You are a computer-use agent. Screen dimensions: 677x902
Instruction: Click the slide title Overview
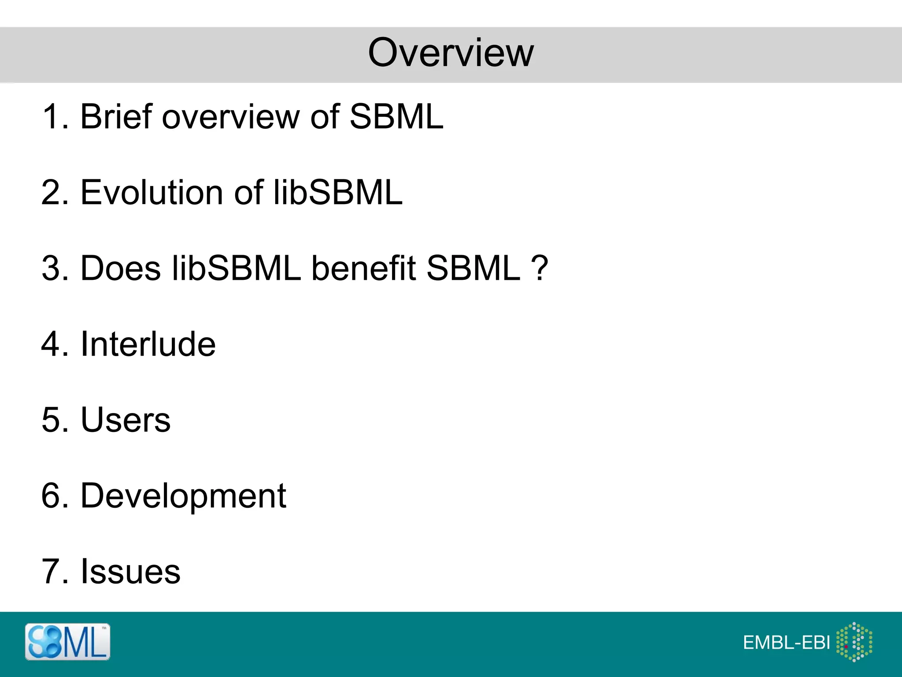451,53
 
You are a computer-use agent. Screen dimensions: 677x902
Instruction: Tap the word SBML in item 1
396,117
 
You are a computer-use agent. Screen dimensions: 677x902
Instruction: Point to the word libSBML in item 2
338,193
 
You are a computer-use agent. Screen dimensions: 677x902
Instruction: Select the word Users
126,420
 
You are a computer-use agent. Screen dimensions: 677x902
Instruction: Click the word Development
183,496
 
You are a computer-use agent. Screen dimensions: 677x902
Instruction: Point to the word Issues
130,572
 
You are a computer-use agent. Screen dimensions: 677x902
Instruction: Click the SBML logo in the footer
67,642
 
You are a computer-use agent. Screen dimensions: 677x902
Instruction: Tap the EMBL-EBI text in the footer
786,643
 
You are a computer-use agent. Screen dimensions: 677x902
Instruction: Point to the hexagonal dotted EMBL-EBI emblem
854,642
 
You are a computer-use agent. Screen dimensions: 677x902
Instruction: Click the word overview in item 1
230,117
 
